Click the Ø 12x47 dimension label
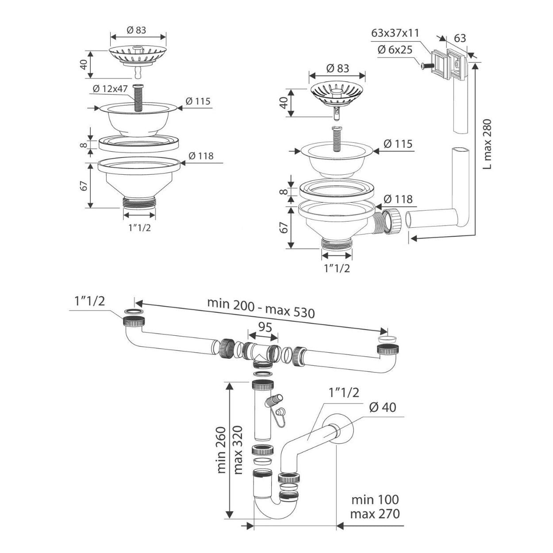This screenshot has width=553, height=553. tap(110, 89)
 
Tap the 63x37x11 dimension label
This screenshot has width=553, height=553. tap(396, 33)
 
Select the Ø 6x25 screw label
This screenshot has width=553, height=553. tap(395, 49)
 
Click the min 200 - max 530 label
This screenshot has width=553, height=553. tap(261, 308)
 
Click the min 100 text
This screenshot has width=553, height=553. tap(375, 500)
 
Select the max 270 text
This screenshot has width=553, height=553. tap(375, 514)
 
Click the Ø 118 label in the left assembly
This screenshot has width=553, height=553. tap(201, 156)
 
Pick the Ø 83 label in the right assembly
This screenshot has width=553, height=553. tap(338, 69)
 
